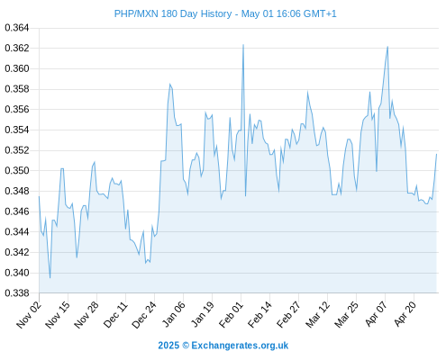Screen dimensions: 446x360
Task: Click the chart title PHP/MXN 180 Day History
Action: tap(173, 13)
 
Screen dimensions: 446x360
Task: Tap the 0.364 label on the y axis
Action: tap(17, 28)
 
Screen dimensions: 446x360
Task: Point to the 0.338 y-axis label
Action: tap(17, 293)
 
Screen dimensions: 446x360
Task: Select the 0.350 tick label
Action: tap(17, 171)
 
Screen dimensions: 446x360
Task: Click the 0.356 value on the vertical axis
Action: tap(17, 110)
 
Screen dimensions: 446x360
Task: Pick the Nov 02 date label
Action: tap(29, 314)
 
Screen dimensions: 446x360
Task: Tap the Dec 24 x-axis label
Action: tap(144, 314)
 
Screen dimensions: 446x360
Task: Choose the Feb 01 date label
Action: tap(231, 314)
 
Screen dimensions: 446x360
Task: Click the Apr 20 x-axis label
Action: tap(405, 314)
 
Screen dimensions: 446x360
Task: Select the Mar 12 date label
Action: tap(317, 314)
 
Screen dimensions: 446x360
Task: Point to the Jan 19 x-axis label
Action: tap(203, 314)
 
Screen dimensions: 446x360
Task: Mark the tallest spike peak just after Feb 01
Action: tap(243, 45)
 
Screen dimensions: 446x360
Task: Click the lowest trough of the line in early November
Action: tap(50, 278)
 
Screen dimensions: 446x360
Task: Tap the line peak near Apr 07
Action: tap(387, 47)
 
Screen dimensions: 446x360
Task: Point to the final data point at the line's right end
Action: tap(436, 154)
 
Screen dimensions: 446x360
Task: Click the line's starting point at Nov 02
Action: tap(39, 196)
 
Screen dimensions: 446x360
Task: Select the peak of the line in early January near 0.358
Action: tap(169, 84)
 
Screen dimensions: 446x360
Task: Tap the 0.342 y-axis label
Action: tap(17, 252)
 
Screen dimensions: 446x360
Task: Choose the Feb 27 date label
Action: tap(288, 314)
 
